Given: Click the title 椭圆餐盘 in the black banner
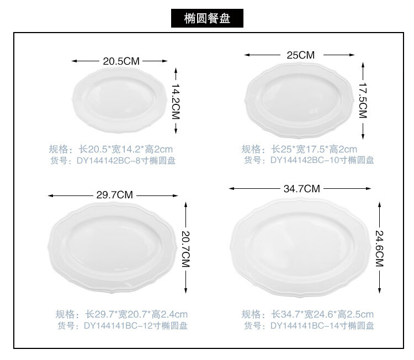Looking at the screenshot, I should coord(207,18).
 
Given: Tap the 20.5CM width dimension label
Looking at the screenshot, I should coord(121,61).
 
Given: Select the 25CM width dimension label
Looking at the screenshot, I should coord(300,55).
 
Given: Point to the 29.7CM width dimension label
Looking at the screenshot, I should coord(114,195).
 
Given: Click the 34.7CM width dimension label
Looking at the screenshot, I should coord(301,188).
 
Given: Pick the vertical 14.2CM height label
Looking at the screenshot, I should coord(176,100).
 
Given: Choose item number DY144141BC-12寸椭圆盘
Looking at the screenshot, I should coord(122,326).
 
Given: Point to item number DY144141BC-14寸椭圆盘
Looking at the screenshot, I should coord(309,326).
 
